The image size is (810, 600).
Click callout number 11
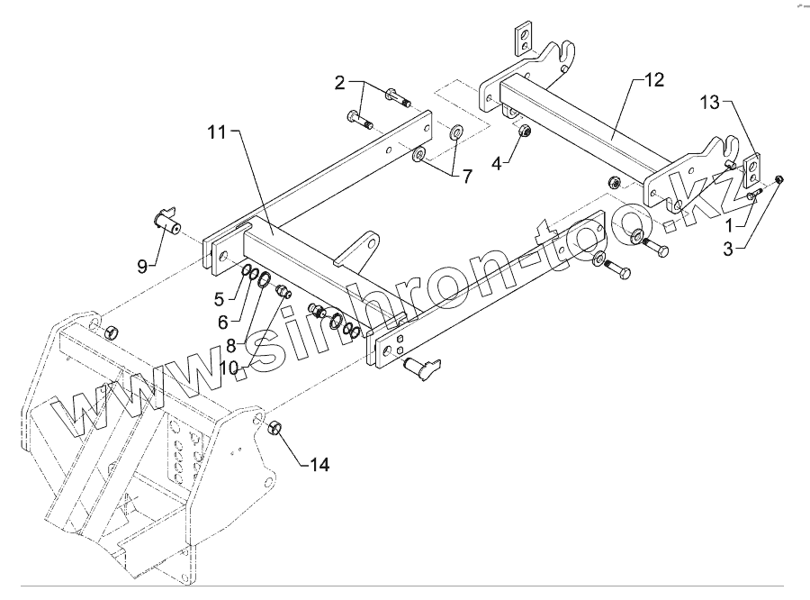pyautogui.click(x=218, y=132)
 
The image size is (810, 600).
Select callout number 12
pyautogui.click(x=654, y=80)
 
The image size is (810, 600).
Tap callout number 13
pyautogui.click(x=710, y=104)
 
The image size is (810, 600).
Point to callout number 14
pyautogui.click(x=319, y=465)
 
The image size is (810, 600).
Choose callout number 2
pyautogui.click(x=339, y=84)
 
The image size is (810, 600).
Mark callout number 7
pyautogui.click(x=467, y=177)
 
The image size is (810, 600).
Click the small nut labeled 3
pyautogui.click(x=780, y=178)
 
